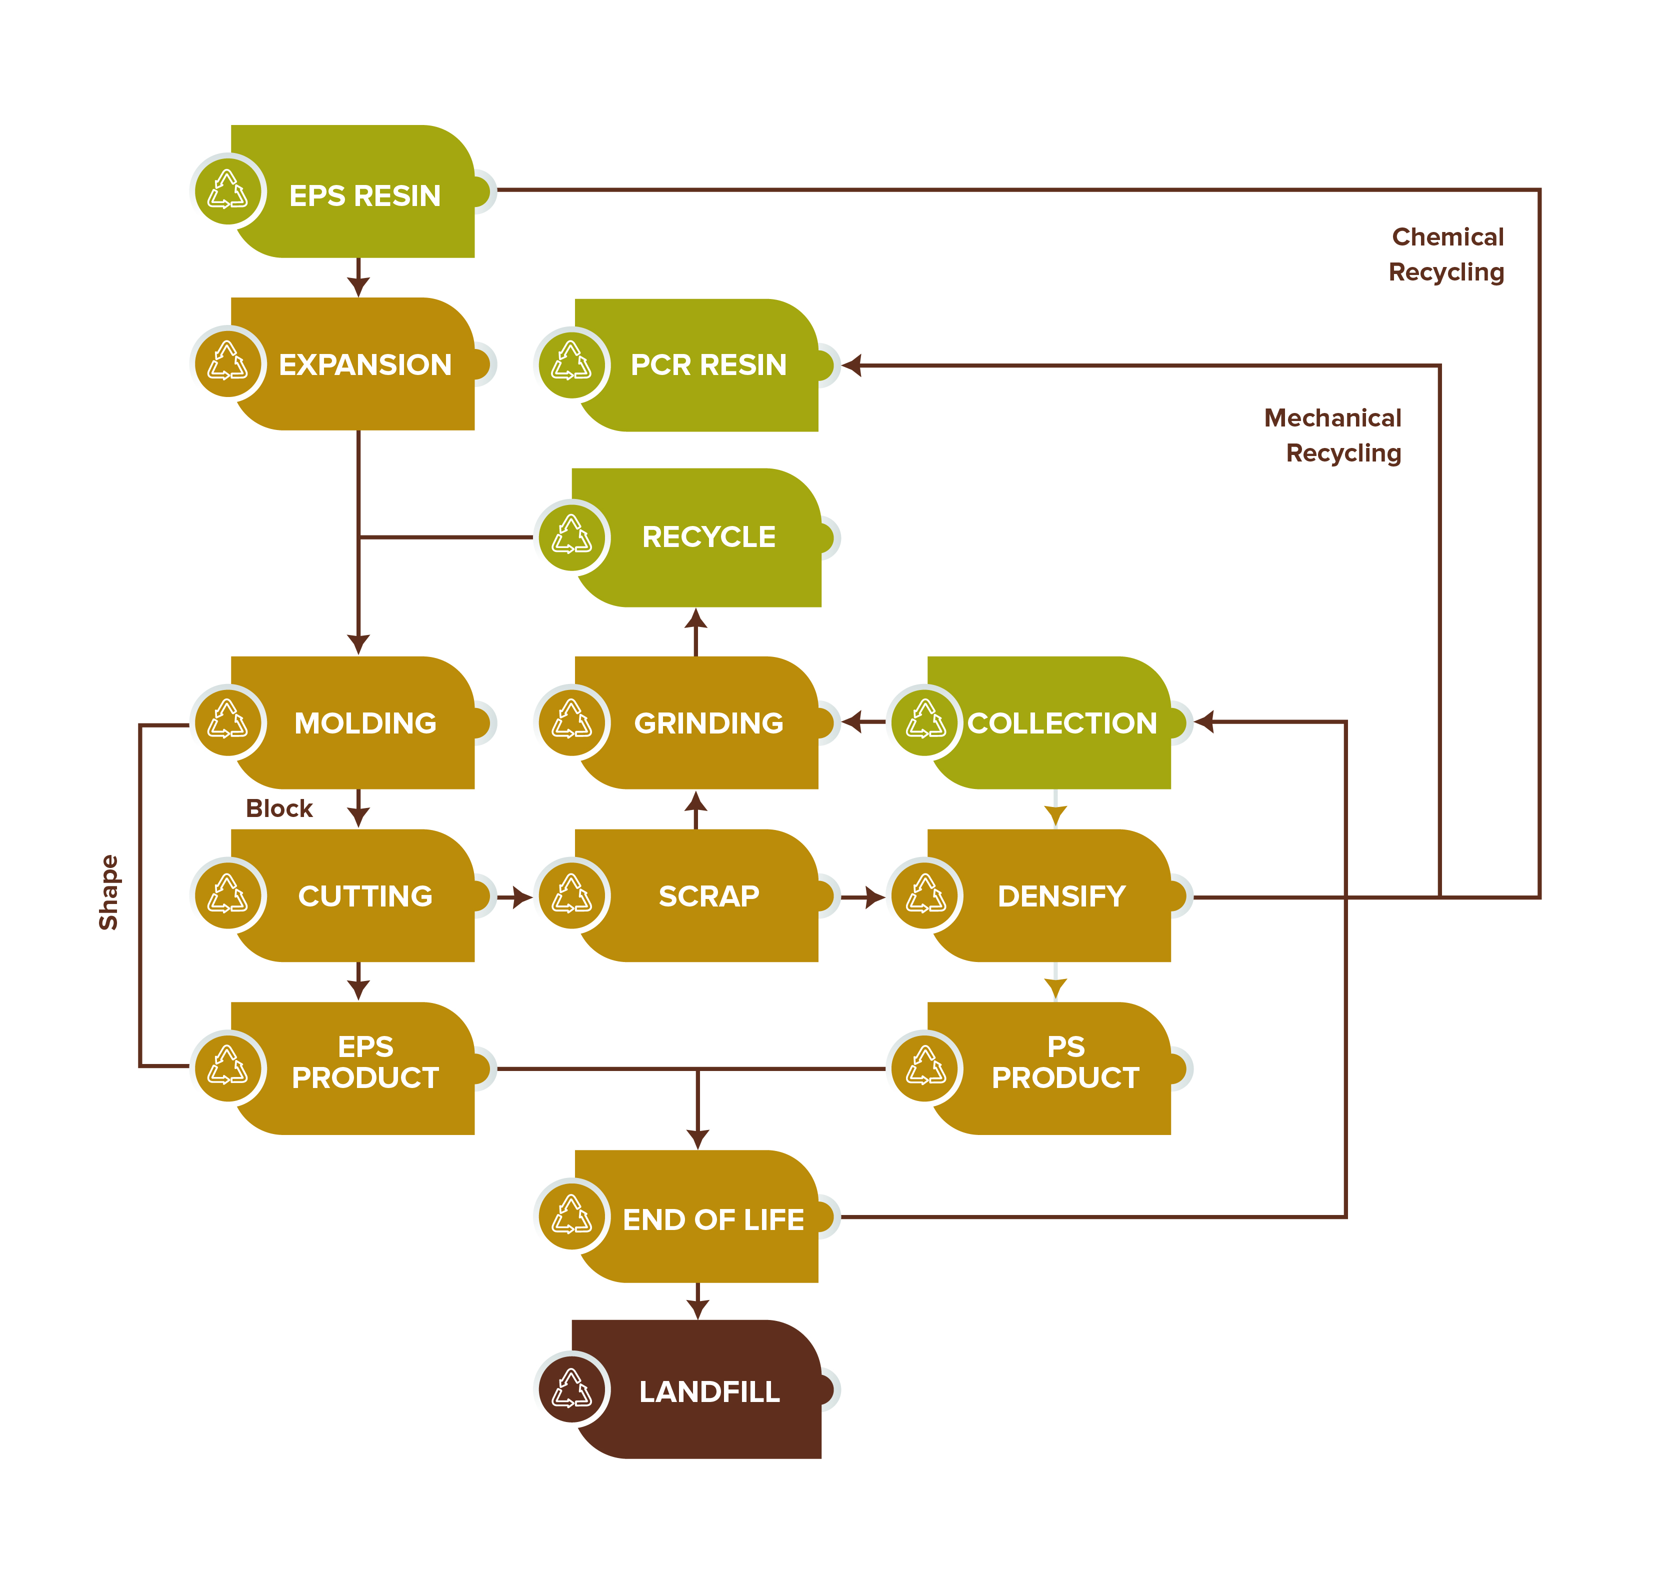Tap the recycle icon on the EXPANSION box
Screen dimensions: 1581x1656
[227, 362]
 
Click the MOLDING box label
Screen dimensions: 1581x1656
[365, 723]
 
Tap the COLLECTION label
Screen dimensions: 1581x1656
[1062, 723]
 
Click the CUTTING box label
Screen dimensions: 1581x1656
[365, 896]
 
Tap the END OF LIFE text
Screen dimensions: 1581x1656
[713, 1219]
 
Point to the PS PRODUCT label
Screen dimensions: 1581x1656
[1065, 1062]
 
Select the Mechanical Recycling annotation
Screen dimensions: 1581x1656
[1333, 435]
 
